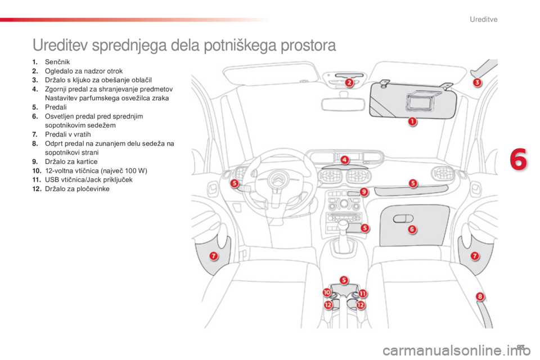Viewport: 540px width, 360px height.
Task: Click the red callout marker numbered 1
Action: coord(412,121)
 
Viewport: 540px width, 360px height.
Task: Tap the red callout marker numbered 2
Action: coord(349,82)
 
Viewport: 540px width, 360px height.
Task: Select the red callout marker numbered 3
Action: coord(477,82)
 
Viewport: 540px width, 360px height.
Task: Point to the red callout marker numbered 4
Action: coord(345,160)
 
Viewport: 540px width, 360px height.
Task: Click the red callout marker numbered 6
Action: coord(412,229)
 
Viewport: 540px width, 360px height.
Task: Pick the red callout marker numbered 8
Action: coord(480,296)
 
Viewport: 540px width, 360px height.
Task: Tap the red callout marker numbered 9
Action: coord(364,192)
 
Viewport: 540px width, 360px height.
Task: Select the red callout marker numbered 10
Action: coord(326,292)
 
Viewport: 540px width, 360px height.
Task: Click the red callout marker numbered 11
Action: coord(363,294)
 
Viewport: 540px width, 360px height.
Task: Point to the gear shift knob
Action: coord(343,226)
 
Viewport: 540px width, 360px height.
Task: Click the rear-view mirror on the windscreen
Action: coord(343,105)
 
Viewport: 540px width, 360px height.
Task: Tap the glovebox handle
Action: coord(403,218)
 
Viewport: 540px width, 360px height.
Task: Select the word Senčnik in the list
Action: coord(57,62)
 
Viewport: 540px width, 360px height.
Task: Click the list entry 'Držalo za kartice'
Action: coord(71,161)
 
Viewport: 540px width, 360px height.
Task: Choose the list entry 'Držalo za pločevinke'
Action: coord(77,189)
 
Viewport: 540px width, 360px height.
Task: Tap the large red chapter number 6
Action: coord(518,160)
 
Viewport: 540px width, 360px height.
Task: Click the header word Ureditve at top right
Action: coord(484,19)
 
